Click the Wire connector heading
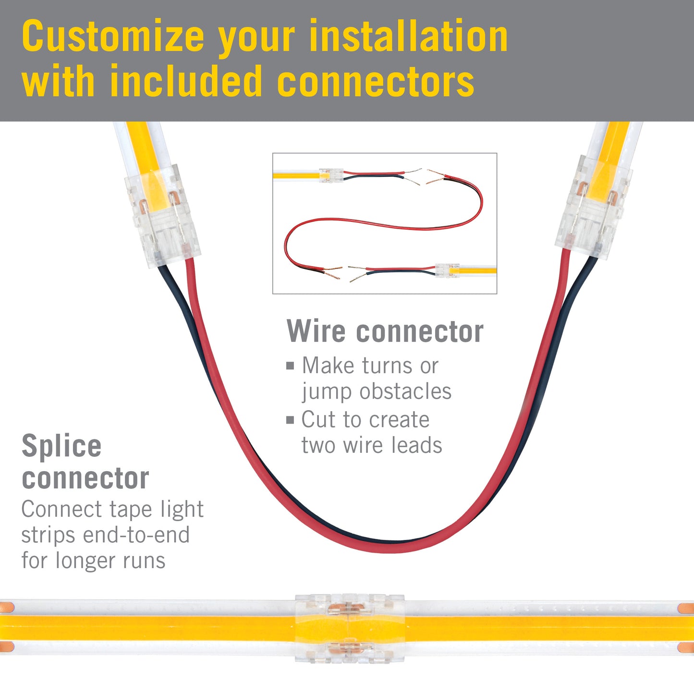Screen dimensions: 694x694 click(385, 331)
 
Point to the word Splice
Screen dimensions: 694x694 click(61, 447)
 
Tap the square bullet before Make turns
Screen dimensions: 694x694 click(290, 366)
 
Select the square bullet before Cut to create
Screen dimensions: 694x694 click(290, 420)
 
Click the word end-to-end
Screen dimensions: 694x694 click(136, 535)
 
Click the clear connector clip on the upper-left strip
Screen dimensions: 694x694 click(162, 217)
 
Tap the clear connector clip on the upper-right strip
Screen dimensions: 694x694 click(594, 207)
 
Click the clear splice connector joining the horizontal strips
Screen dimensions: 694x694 click(350, 629)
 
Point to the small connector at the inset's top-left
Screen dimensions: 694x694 click(331, 175)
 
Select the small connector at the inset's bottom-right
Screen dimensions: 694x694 click(447, 270)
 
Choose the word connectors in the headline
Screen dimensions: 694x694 click(376, 81)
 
